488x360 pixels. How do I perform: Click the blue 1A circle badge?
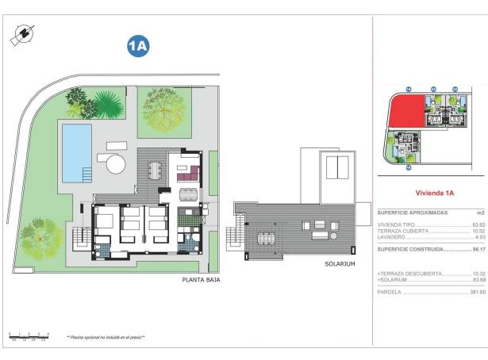138,47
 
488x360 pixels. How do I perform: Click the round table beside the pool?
116,164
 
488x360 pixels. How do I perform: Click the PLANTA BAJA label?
201,280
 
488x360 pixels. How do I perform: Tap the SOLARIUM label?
340,264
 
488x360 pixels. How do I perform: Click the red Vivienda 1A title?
434,193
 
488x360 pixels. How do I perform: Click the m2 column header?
480,213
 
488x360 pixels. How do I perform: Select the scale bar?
29,336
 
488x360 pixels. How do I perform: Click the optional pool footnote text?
106,337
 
